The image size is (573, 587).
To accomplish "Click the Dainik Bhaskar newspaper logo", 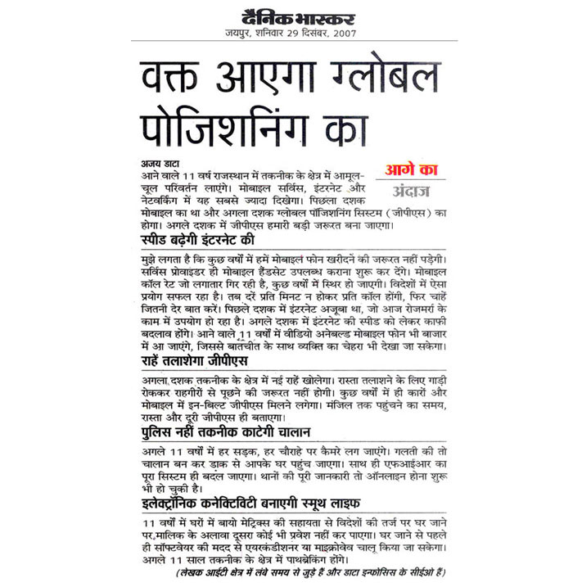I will pos(286,16).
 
